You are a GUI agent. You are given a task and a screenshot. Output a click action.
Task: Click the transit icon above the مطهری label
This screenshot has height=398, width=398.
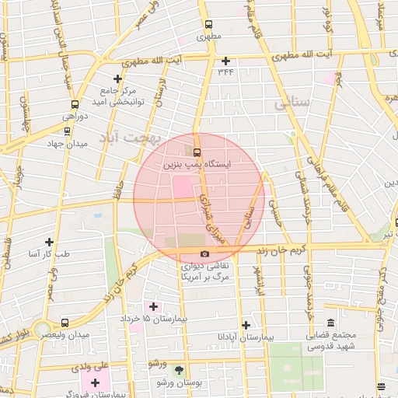point(208,24)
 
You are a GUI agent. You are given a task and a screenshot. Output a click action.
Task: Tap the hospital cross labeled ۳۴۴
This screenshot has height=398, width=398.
point(226,61)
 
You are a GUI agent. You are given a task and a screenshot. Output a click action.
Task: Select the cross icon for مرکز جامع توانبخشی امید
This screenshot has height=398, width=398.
point(117,79)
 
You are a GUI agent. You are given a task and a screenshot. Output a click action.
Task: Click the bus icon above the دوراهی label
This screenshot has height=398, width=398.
point(75,104)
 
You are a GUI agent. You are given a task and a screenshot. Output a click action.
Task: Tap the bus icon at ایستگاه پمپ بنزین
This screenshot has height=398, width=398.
point(196,152)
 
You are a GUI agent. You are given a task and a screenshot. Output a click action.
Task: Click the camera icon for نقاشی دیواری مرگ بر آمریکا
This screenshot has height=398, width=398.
point(204,254)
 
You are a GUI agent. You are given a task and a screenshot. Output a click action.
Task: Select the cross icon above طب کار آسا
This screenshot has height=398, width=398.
point(51,242)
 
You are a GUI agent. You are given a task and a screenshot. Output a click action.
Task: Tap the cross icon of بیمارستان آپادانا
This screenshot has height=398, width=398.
point(246,325)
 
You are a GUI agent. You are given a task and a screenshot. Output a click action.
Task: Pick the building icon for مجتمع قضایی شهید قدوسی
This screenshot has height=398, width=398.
point(330,323)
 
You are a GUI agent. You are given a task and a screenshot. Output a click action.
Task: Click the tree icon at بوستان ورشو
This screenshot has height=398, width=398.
point(180,371)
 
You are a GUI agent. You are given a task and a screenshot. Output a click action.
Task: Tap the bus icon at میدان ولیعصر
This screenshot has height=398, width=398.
point(65,322)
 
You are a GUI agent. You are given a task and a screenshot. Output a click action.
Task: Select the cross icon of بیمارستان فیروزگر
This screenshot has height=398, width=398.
point(96,382)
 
